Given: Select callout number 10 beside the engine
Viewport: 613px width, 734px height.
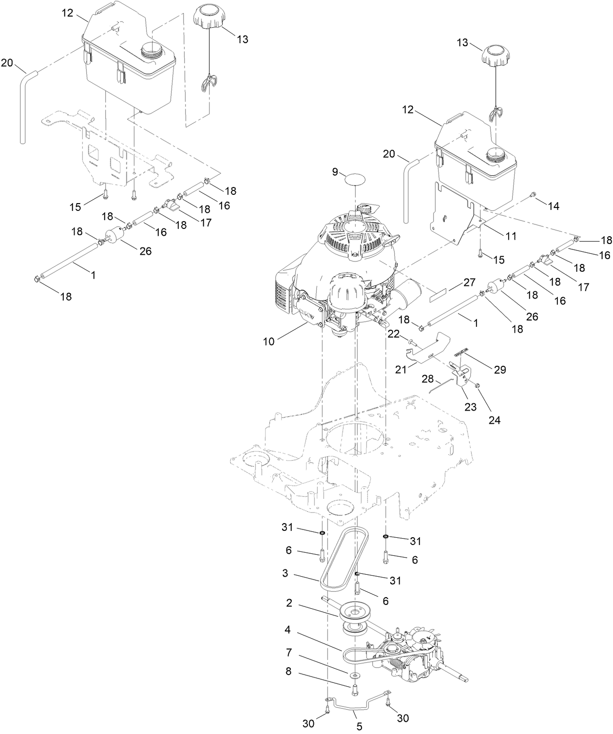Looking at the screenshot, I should (x=268, y=341).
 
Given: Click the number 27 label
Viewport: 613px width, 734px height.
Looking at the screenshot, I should (x=469, y=282).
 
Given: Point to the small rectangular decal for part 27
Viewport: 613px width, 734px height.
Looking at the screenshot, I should (x=441, y=294).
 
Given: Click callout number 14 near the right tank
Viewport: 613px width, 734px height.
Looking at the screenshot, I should (x=553, y=206).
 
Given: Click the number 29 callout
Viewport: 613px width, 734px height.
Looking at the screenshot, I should (x=500, y=370).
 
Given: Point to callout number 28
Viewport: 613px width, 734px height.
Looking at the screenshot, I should (x=427, y=378).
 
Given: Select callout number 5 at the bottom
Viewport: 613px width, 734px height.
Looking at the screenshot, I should (x=359, y=727).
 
